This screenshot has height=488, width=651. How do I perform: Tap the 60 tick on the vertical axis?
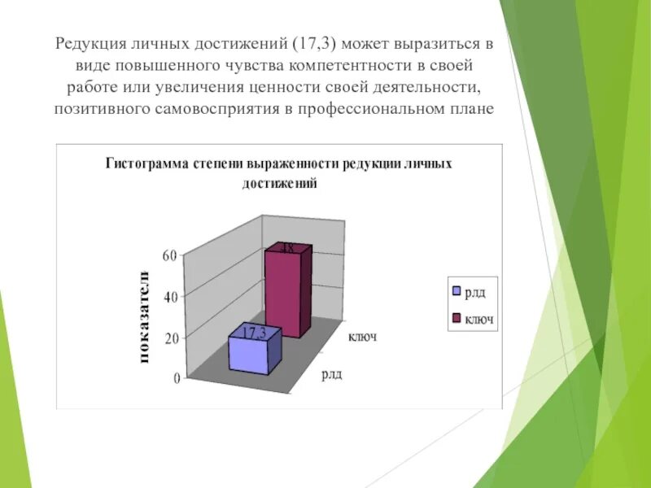point(169,255)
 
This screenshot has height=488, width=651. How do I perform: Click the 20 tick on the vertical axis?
point(170,338)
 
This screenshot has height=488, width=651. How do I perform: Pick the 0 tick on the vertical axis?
point(175,378)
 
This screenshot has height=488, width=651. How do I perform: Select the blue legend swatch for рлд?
point(457,291)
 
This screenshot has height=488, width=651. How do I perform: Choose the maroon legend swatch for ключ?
point(457,317)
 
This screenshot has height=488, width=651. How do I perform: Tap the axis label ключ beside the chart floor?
point(362,336)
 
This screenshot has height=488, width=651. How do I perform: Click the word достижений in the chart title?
point(278,184)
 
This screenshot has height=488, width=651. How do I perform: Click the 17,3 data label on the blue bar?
point(252,331)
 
